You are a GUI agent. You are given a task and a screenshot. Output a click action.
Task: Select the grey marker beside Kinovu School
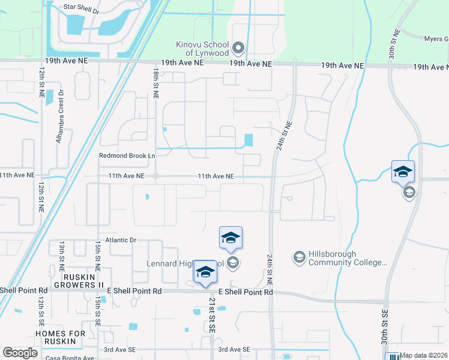tap(238, 47)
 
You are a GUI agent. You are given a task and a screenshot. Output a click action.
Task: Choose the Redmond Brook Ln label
tap(127, 155)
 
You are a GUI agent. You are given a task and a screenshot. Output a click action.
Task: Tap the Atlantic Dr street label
tap(121, 240)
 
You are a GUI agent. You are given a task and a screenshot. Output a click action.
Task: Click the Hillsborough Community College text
tap(346, 258)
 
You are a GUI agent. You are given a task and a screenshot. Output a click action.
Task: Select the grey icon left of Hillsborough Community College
tap(299, 257)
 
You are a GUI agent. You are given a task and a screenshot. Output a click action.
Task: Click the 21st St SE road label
tap(212, 314)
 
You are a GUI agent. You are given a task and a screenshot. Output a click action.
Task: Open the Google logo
tap(20, 353)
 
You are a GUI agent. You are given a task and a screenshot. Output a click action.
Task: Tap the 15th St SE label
tap(97, 309)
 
